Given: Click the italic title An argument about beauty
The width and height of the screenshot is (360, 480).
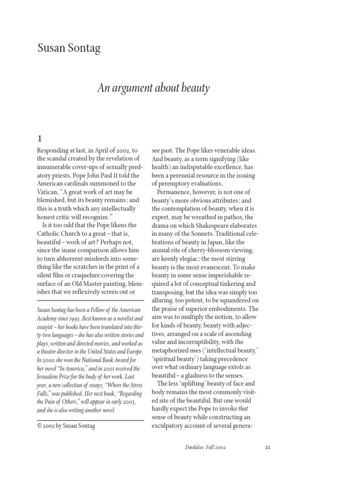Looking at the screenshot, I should [152, 88].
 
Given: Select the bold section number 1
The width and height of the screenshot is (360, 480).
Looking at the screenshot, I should [40, 138].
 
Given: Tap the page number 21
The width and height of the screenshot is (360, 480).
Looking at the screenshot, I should [268, 447].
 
